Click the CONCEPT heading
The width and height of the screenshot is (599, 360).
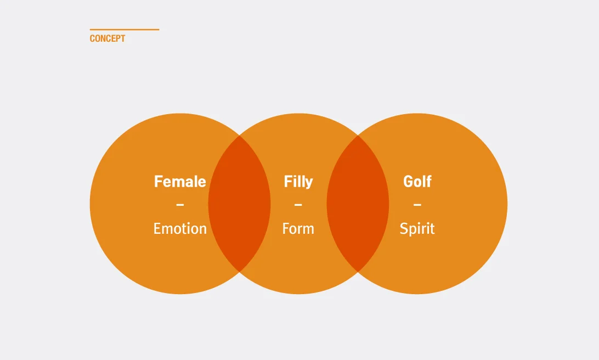108,38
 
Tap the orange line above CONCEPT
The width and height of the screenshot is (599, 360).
125,30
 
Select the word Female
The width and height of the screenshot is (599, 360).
180,181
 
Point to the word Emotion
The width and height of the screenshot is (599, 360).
180,228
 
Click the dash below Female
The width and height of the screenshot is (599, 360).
180,205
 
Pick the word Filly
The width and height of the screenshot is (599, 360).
298,181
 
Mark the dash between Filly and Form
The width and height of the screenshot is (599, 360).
298,205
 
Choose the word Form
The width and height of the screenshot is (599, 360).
298,228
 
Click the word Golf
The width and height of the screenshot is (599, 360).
417,181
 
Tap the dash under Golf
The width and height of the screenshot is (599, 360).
417,205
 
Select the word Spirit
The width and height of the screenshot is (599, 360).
417,228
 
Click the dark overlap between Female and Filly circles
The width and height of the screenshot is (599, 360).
239,204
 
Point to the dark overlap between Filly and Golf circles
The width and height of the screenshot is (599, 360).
358,204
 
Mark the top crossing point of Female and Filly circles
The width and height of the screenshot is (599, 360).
239,136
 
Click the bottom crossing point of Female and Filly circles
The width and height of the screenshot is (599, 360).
239,272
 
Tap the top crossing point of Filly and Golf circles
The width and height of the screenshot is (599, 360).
358,136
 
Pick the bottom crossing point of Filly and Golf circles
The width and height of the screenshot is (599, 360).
358,272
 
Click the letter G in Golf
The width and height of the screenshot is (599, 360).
409,181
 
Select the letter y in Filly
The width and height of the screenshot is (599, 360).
309,183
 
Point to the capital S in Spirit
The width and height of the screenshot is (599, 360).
404,228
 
